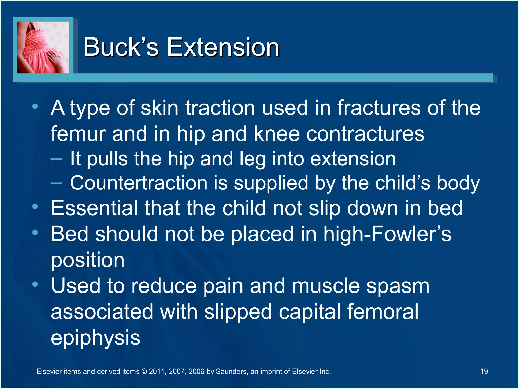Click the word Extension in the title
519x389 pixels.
(x=223, y=47)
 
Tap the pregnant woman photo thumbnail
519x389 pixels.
(x=43, y=47)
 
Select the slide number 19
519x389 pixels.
(x=484, y=371)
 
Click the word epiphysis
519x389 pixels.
(x=95, y=338)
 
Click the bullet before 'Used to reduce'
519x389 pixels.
(x=35, y=284)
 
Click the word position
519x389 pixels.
(x=88, y=261)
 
